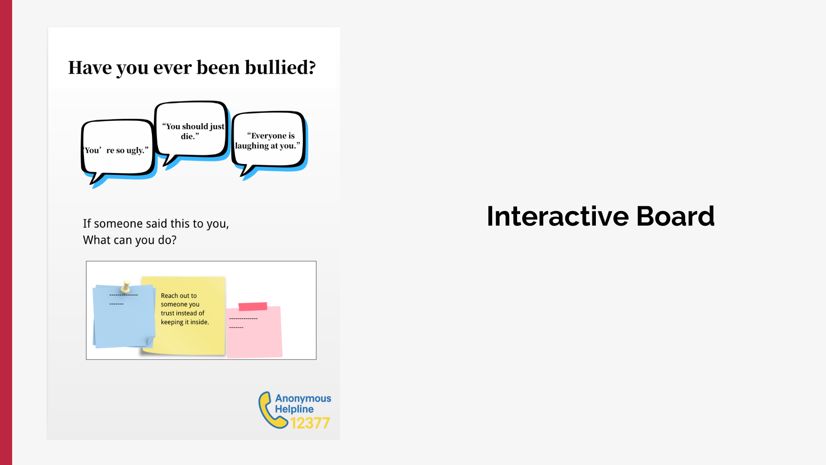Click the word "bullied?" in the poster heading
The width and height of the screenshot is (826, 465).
coord(280,68)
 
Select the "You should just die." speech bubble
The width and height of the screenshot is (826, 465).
coord(192,132)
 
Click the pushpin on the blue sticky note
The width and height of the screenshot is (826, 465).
coord(126,286)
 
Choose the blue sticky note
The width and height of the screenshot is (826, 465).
coord(124,316)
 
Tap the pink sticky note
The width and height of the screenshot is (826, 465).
coord(254,332)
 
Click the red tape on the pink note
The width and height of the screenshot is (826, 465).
coord(253,307)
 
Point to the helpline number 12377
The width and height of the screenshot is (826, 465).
coord(310,423)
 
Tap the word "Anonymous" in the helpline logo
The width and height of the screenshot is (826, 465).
coord(303,398)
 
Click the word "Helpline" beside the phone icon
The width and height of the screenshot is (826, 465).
coord(294,409)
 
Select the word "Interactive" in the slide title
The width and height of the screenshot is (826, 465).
coord(558,216)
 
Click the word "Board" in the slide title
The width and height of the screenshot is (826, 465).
coord(675,216)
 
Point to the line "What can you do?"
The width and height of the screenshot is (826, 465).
coord(129,240)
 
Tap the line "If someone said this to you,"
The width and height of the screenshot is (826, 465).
coord(156,224)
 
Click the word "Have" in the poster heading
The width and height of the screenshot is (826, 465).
coord(90,68)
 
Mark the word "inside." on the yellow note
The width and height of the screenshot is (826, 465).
coord(200,322)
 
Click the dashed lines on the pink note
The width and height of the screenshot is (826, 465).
coord(243,323)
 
